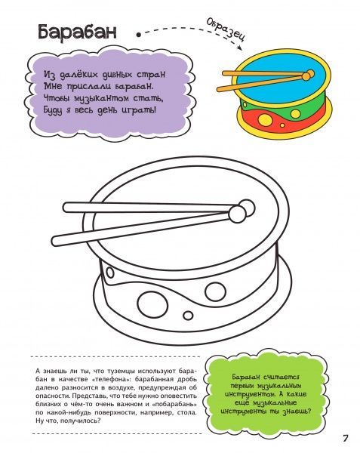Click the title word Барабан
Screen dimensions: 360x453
(x=77, y=32)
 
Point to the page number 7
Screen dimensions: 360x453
(x=345, y=438)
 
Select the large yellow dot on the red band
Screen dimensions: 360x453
(x=265, y=119)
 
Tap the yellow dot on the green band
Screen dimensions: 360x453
(x=295, y=113)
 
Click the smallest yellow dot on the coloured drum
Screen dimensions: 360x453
(x=282, y=125)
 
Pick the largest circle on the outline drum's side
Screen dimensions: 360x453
(x=152, y=304)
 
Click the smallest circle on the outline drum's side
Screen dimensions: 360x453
(x=188, y=315)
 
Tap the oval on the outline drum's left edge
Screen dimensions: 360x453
(x=110, y=272)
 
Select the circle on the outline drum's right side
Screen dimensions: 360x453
(x=215, y=291)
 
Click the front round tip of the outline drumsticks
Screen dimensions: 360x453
(x=237, y=214)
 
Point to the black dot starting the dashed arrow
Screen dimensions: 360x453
(x=139, y=35)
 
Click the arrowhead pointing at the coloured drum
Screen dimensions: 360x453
(x=239, y=48)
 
